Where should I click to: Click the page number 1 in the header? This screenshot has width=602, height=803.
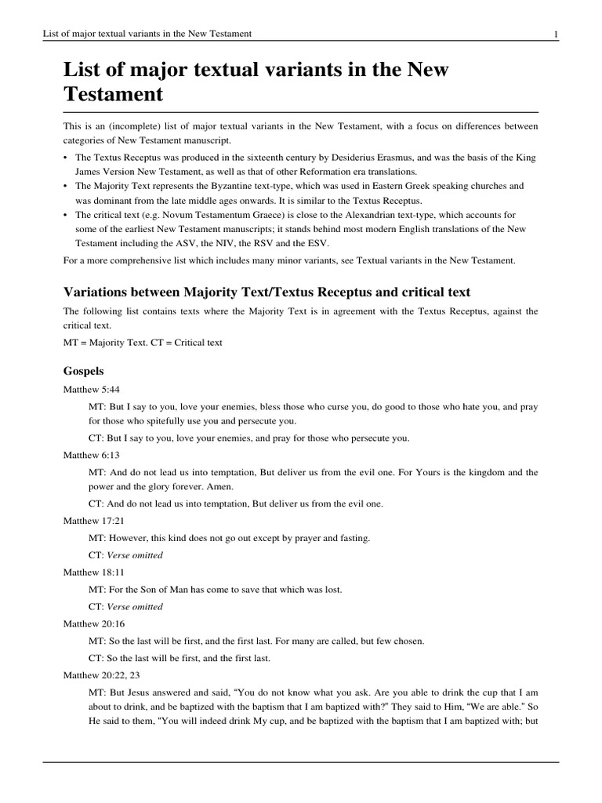click(555, 34)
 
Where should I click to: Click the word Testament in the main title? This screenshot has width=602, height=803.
click(113, 95)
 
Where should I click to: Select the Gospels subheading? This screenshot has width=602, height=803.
click(84, 370)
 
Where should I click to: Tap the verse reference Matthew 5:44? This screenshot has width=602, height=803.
click(92, 389)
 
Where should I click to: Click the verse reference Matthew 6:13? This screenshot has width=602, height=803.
click(92, 455)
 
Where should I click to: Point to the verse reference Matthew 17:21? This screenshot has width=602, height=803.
click(94, 521)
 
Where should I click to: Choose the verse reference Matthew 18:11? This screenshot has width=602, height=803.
click(94, 572)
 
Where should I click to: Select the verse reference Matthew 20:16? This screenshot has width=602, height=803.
click(94, 623)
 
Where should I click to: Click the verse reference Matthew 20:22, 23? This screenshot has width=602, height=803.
click(102, 674)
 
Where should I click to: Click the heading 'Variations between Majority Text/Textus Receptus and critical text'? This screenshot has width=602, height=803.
click(267, 292)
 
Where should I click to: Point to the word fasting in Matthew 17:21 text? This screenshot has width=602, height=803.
click(353, 538)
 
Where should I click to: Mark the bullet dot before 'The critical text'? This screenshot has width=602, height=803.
click(66, 214)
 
